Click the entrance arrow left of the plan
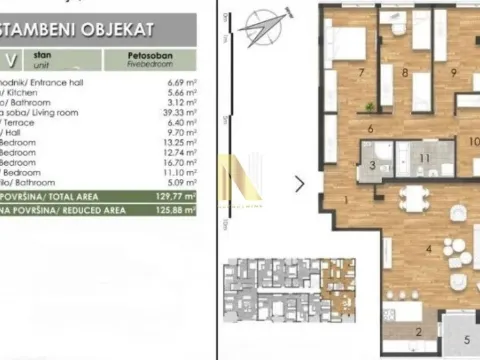[x=299, y=184]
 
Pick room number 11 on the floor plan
[x=423, y=158]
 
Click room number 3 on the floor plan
[x=371, y=166]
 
